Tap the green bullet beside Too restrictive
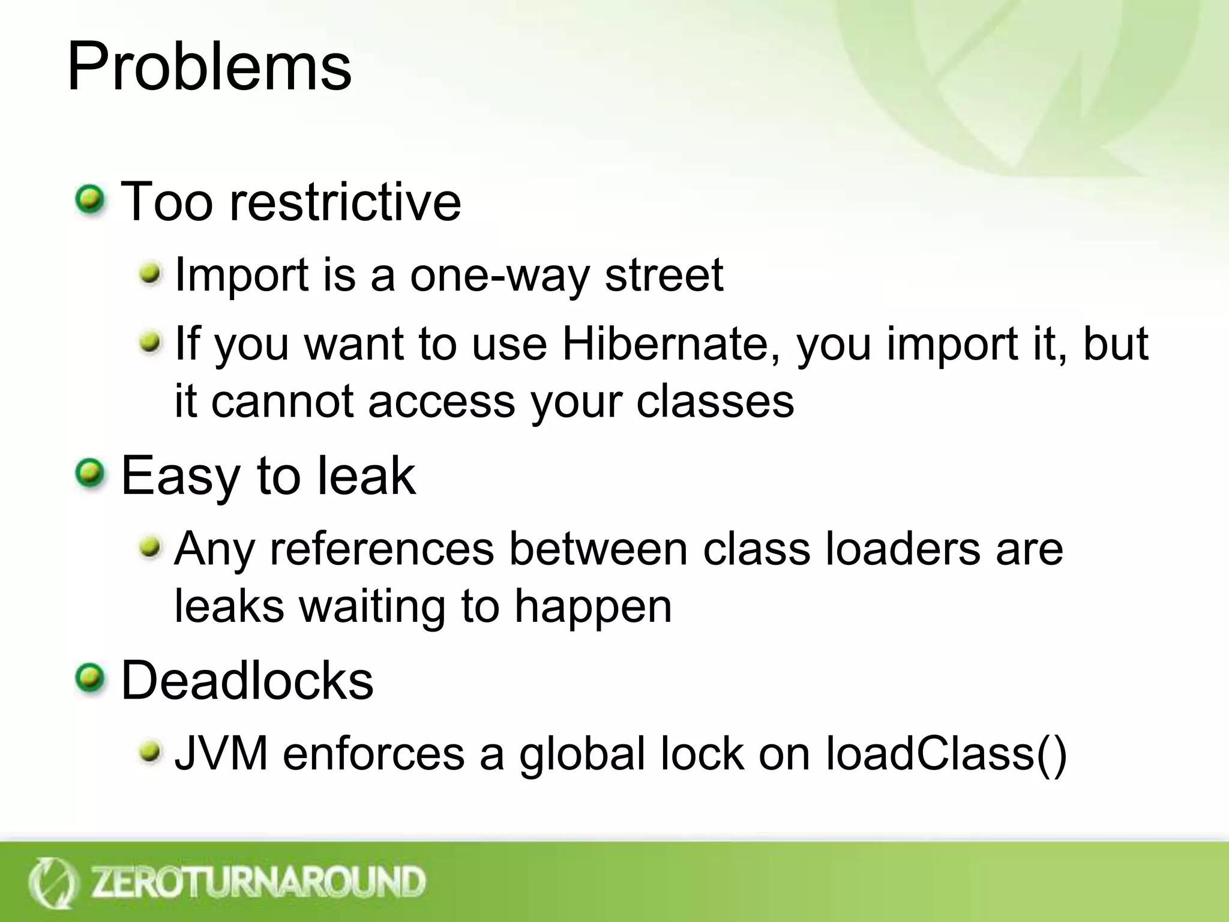[x=90, y=200]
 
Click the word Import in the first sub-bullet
[x=241, y=276]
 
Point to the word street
[x=664, y=276]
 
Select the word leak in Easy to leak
[x=366, y=475]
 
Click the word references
[x=382, y=549]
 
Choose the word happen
[x=593, y=606]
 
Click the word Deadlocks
[x=247, y=681]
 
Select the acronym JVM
[x=221, y=754]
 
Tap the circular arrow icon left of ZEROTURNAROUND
[x=53, y=882]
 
